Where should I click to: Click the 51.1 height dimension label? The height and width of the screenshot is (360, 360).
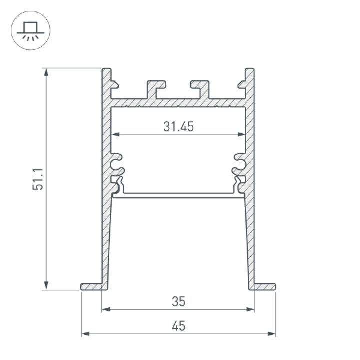coord(39,178)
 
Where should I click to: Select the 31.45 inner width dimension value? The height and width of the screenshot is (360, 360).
coord(178,127)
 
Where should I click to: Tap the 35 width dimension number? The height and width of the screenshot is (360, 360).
coord(178,301)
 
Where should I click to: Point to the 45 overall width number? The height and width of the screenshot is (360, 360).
coord(178,326)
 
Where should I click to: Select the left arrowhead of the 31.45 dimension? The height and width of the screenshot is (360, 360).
coord(114,134)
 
